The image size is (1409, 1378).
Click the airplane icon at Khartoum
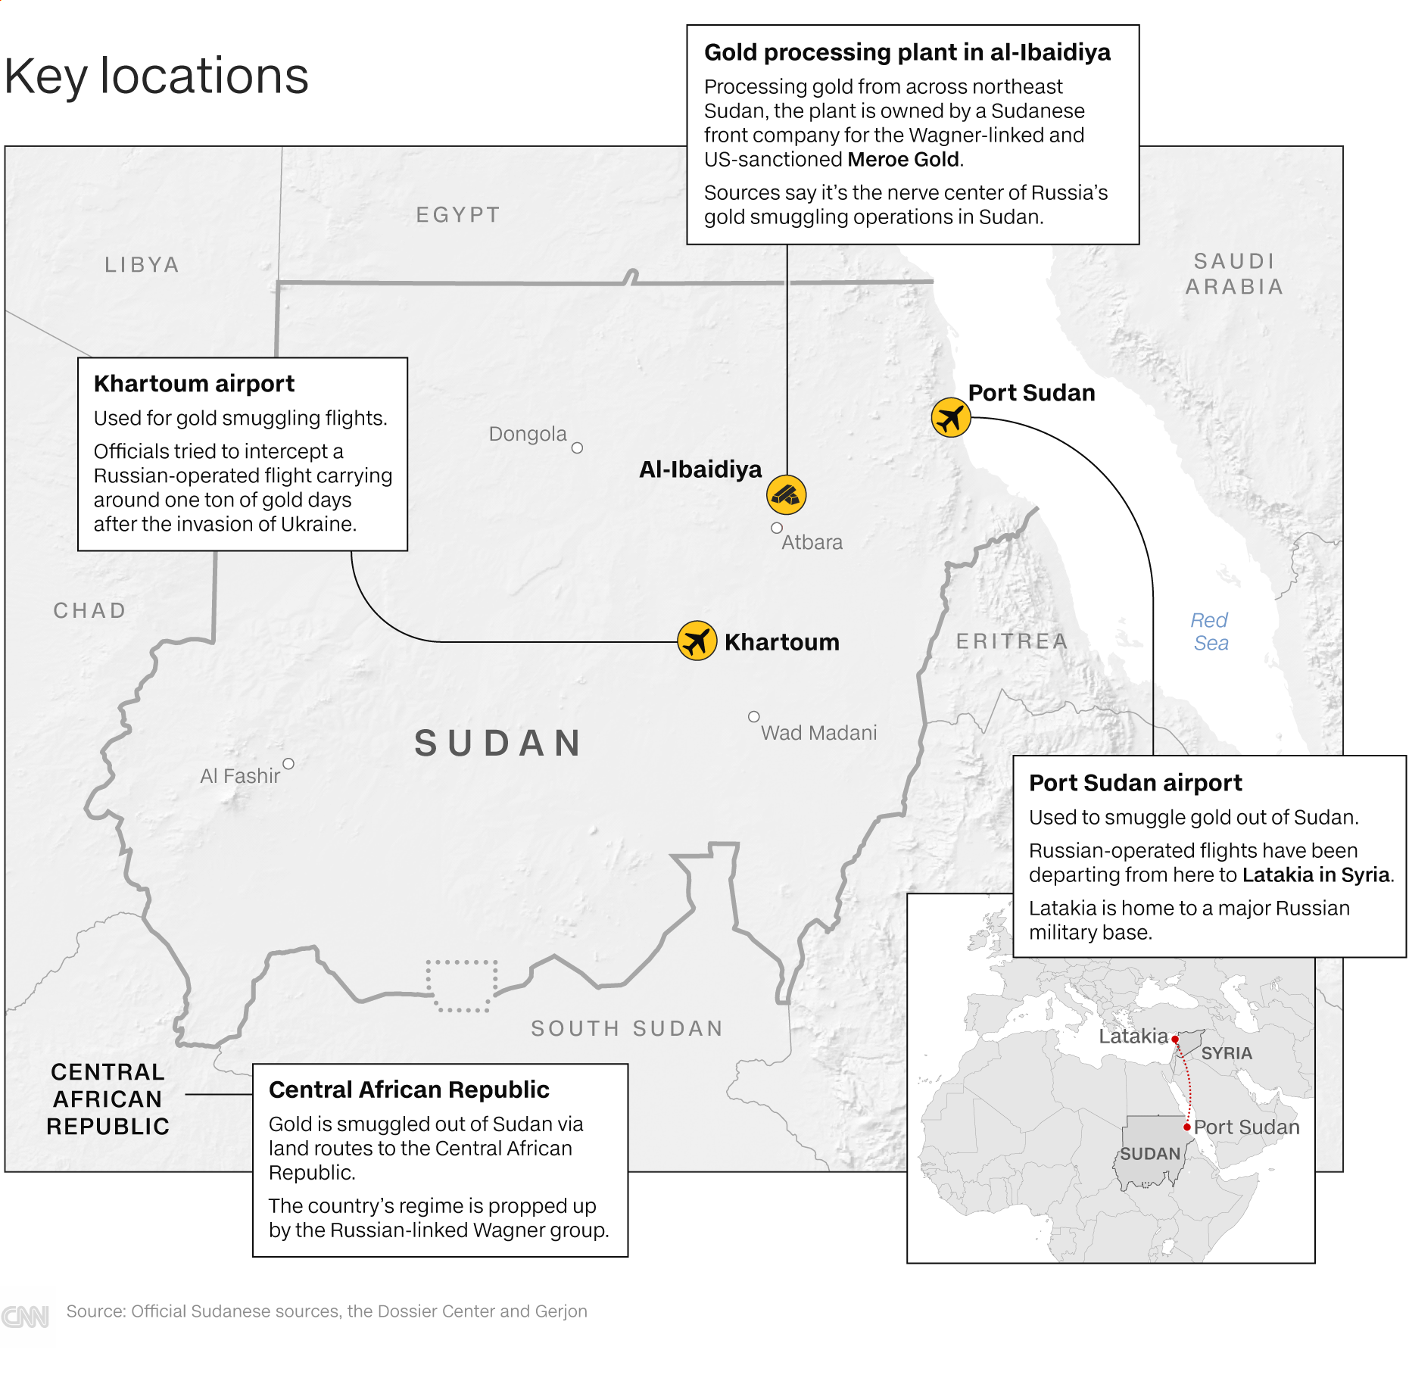point(697,641)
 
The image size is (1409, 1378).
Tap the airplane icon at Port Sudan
point(951,417)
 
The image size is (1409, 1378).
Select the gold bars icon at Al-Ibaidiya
point(786,495)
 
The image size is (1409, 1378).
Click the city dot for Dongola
point(577,447)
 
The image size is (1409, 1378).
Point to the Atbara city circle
point(777,528)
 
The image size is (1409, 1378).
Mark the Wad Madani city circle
point(754,716)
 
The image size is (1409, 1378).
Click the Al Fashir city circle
point(288,763)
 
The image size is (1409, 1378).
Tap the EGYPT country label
point(458,215)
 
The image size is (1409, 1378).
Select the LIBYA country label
point(142,264)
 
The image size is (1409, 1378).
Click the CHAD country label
point(89,610)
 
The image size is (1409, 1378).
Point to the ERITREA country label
point(1012,641)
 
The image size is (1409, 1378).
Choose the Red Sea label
point(1210,631)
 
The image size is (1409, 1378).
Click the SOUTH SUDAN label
point(627,1028)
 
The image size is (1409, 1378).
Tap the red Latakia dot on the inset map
point(1175,1040)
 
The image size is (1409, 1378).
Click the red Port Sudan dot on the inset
point(1187,1127)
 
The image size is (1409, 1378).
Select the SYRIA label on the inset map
point(1227,1053)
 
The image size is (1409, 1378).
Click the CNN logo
point(26,1317)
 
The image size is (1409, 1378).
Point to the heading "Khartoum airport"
point(194,384)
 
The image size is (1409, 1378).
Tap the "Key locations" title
point(157,76)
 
